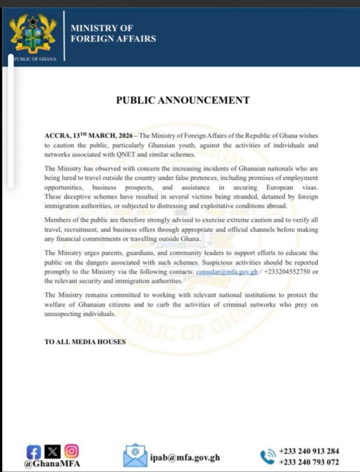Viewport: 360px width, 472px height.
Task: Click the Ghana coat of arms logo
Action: click(x=33, y=33)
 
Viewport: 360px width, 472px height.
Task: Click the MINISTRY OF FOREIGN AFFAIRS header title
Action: click(x=113, y=33)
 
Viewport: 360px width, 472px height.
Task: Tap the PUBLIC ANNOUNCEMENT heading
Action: click(x=183, y=100)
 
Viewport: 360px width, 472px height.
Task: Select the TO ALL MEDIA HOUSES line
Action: click(x=84, y=342)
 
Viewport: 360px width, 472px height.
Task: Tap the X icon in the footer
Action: click(x=53, y=449)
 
